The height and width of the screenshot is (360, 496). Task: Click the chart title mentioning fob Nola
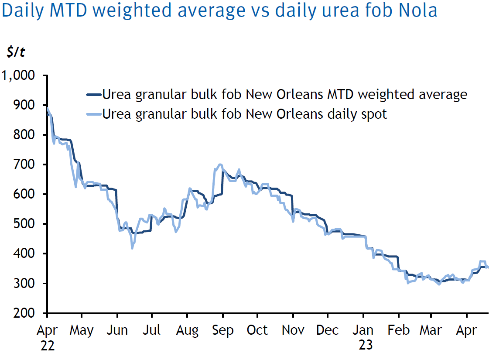[x=219, y=11]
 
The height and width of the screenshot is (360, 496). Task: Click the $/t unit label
[x=16, y=52]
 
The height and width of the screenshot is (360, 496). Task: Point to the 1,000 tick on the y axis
[x=18, y=76]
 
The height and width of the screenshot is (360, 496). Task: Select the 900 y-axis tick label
[x=24, y=106]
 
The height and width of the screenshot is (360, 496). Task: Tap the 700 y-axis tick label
[x=24, y=165]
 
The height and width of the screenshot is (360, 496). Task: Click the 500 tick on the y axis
[x=24, y=224]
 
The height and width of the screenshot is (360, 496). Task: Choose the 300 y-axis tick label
[x=24, y=284]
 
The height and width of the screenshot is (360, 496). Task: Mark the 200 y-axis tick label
[x=24, y=313]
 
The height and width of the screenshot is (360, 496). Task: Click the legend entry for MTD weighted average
[x=284, y=94]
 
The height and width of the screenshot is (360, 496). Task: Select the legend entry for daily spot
[x=244, y=114]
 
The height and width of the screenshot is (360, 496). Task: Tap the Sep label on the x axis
[x=222, y=330]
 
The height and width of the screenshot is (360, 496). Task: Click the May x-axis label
[x=82, y=330]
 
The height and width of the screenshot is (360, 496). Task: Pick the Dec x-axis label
[x=327, y=330]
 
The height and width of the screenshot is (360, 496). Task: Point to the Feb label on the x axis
[x=398, y=330]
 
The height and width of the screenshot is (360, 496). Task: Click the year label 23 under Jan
[x=366, y=346]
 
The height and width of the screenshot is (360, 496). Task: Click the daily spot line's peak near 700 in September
[x=219, y=165]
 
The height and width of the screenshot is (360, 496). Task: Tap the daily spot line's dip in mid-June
[x=132, y=248]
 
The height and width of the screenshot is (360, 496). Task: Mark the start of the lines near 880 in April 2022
[x=47, y=109]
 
